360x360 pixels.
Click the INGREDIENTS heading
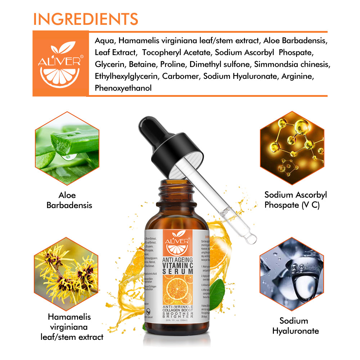85,19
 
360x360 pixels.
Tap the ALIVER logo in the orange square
60,63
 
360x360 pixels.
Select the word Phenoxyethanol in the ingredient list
123,88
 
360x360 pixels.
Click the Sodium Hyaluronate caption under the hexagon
295,326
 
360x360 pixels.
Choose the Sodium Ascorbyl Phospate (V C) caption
296,200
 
